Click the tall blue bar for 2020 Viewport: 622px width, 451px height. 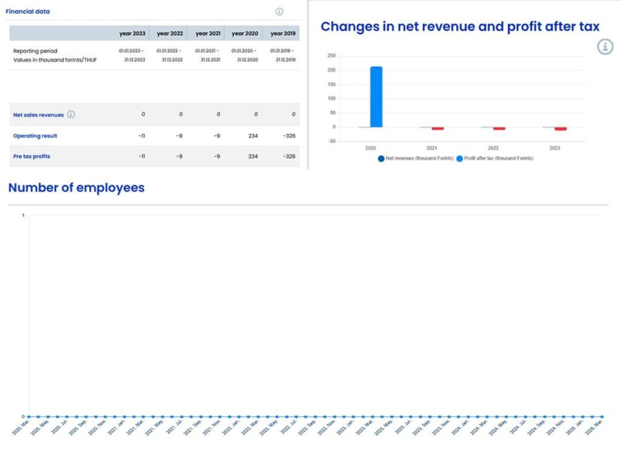click(376, 97)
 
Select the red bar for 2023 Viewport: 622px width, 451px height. click(560, 129)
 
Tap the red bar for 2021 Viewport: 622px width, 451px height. click(437, 129)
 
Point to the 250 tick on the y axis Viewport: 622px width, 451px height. click(331, 56)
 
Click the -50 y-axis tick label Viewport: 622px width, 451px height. click(331, 141)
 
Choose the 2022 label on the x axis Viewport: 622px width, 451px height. click(493, 148)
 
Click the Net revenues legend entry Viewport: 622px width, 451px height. click(415, 158)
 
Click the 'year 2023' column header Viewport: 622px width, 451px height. click(132, 33)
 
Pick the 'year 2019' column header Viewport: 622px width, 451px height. click(282, 33)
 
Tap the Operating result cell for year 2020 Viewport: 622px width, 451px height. click(253, 136)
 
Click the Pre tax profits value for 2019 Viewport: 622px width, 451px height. click(289, 157)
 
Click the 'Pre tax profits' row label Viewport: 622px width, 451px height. click(32, 157)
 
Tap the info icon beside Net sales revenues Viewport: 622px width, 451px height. click(71, 115)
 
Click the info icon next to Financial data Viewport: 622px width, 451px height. click(279, 12)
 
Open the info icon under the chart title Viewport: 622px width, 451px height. click(604, 47)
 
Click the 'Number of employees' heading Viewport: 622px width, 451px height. click(77, 188)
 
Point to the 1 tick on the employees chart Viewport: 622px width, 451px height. click(23, 215)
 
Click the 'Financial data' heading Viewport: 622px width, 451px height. click(28, 12)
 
